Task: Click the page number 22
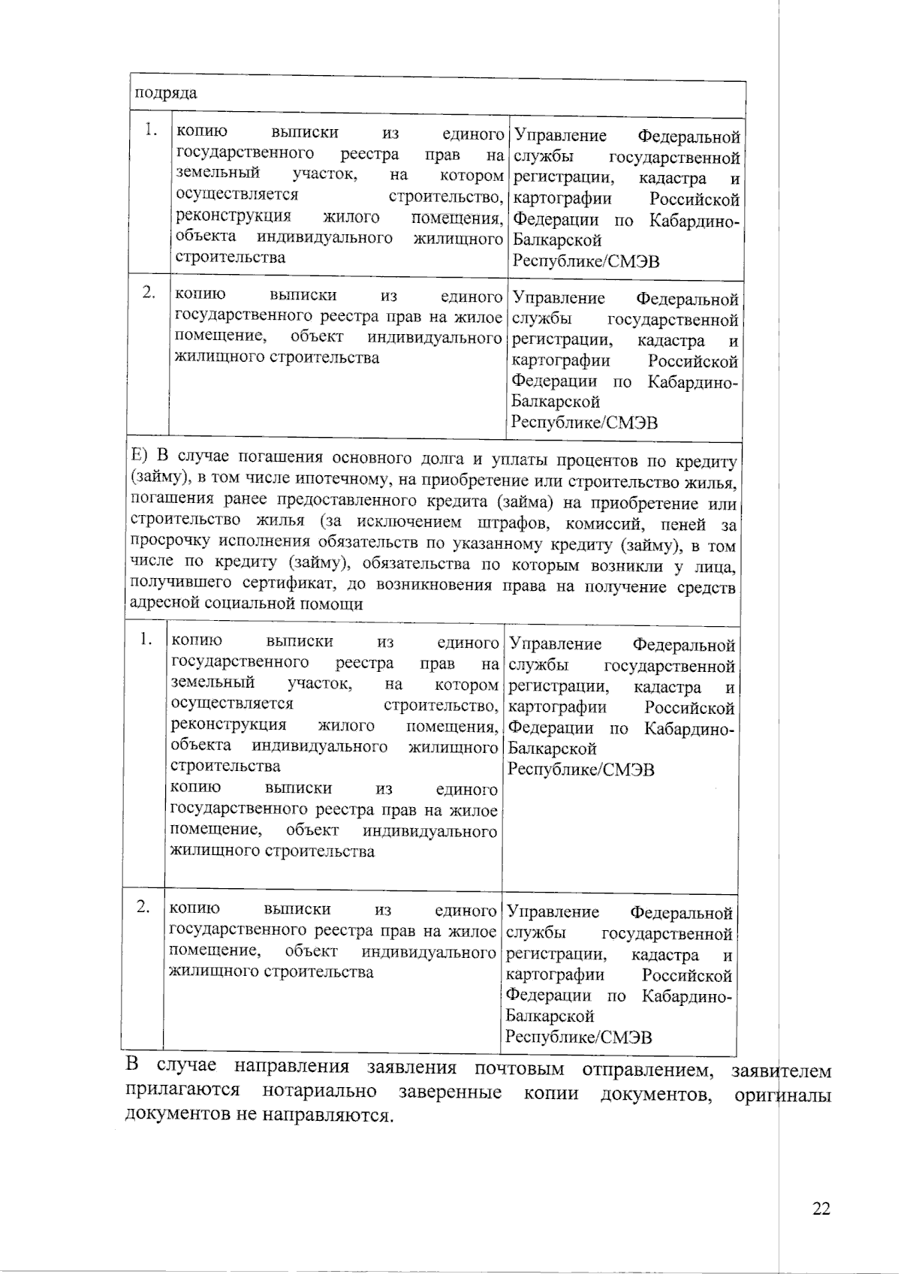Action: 821,1209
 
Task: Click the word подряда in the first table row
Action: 166,93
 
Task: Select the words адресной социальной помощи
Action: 246,604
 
